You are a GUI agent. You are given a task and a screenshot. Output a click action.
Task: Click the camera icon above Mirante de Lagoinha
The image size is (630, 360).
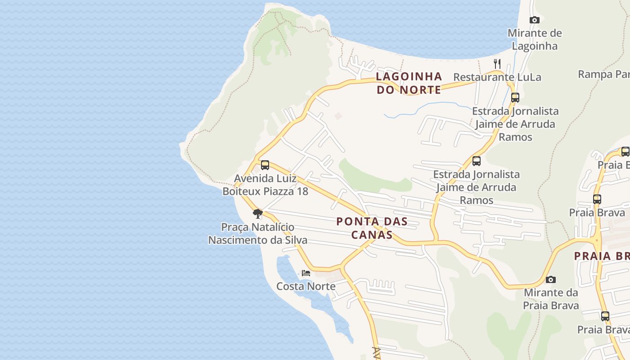[x=534, y=20]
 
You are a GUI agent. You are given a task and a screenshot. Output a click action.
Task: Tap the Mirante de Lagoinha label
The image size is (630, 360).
[x=535, y=40]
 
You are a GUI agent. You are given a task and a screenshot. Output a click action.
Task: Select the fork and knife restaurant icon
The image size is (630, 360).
[x=497, y=63]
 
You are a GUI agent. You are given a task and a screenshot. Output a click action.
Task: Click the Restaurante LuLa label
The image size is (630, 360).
[x=497, y=77]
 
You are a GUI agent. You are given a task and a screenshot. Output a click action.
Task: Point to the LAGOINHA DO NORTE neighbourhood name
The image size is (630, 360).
[x=409, y=83]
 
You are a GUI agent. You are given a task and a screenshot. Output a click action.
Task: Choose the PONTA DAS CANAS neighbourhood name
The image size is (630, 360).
[x=372, y=228]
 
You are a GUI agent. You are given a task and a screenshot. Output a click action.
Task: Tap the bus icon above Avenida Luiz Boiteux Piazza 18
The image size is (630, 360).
[x=265, y=165]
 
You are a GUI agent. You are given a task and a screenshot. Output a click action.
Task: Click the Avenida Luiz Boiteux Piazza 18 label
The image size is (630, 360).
[x=265, y=185]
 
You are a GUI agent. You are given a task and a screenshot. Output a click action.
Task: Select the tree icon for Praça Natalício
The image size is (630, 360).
[x=257, y=213]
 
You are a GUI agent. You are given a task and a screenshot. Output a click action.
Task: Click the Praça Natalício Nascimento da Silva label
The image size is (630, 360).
[x=257, y=234]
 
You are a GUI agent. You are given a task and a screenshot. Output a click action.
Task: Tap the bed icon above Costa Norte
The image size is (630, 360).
[x=306, y=273]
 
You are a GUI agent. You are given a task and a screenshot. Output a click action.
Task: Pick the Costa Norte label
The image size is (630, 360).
[x=306, y=286]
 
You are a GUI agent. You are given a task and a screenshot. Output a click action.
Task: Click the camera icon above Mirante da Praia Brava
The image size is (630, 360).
[x=550, y=279]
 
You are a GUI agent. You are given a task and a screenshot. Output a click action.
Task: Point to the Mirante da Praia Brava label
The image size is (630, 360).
[x=551, y=299]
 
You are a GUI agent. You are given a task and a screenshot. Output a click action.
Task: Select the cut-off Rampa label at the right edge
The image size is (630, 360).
[x=603, y=74]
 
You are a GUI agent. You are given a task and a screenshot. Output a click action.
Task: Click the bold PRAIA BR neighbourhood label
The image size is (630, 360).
[x=602, y=256]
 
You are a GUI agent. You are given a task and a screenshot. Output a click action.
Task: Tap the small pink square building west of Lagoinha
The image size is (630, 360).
[x=338, y=116]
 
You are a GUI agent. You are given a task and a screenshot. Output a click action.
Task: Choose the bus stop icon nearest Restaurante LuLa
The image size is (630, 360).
[x=515, y=97]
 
